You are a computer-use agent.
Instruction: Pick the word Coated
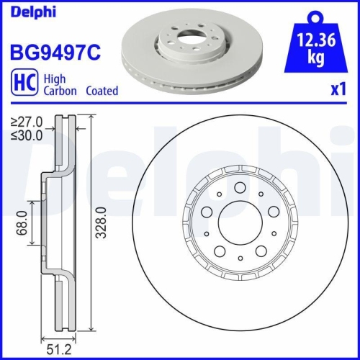pyautogui.click(x=102, y=91)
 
